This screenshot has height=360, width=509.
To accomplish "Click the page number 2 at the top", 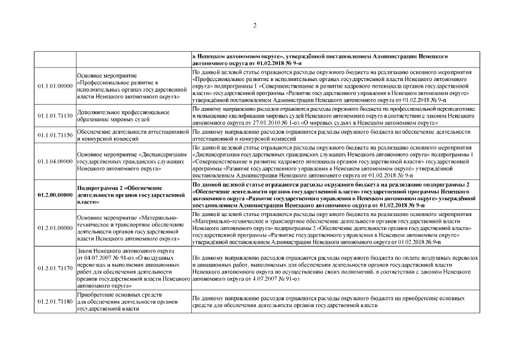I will click(x=254, y=25).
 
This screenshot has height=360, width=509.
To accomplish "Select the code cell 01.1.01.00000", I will click(x=55, y=85).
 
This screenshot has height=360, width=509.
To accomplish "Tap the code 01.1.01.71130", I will click(x=55, y=115).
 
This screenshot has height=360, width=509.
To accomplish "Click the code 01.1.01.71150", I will click(x=55, y=135).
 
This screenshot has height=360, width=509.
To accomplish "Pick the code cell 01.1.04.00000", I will click(x=55, y=161).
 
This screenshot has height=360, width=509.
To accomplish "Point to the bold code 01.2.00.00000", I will click(x=55, y=195).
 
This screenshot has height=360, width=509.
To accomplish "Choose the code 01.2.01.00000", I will click(x=55, y=228).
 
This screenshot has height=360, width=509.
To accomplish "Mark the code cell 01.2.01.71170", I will click(x=55, y=269).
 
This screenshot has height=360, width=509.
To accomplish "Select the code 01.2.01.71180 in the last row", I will click(x=55, y=302).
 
